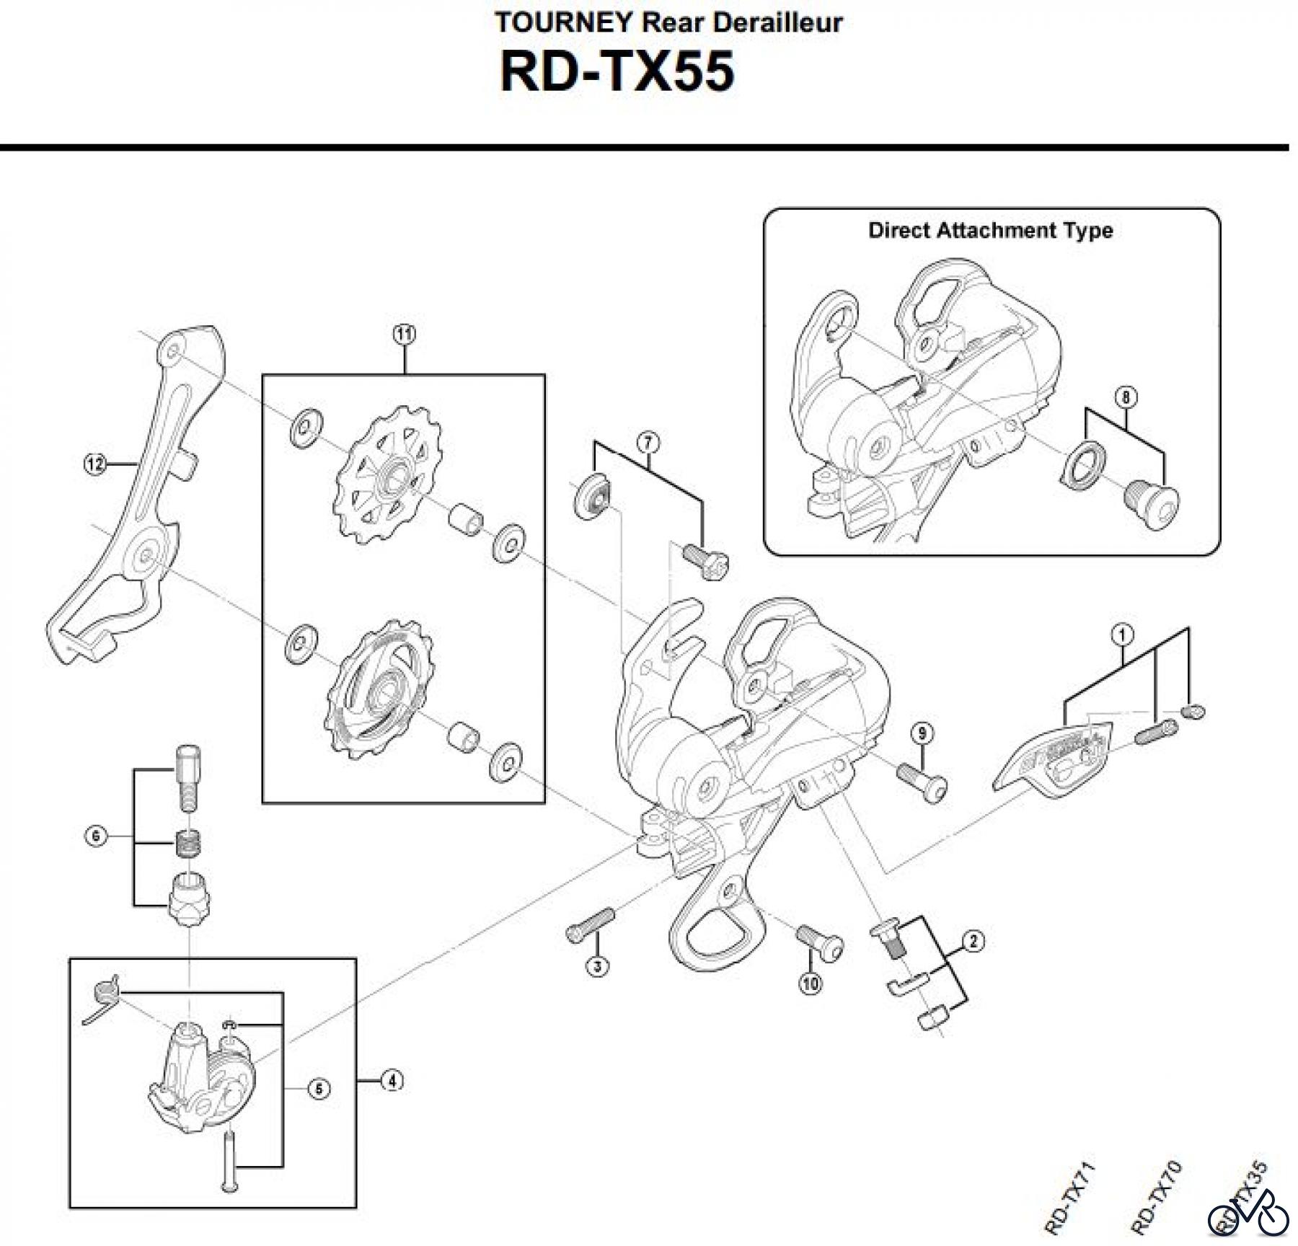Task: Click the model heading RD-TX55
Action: [x=617, y=72]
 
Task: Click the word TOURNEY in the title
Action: [x=562, y=23]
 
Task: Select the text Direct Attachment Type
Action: [x=990, y=231]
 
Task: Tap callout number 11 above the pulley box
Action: [x=404, y=334]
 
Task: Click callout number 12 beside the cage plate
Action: [x=94, y=464]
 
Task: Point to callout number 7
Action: [x=648, y=443]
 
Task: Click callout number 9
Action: [x=922, y=734]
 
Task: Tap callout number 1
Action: [x=1123, y=635]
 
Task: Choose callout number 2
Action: [x=973, y=941]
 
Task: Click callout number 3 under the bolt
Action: [x=597, y=966]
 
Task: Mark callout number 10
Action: [x=811, y=983]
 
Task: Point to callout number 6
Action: [x=96, y=836]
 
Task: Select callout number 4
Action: [x=392, y=1081]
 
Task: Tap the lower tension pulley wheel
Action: [x=380, y=689]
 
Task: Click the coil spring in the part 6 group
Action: [x=188, y=841]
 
